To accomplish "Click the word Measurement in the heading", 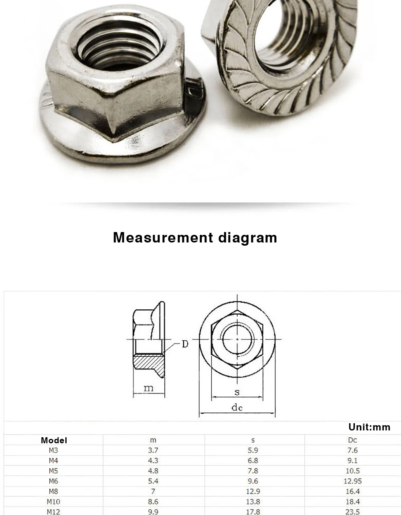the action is pos(163,238).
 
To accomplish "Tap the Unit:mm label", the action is pos(369,427).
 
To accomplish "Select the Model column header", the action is pos(54,440).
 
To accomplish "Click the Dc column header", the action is pos(352,440).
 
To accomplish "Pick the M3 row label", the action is pos(53,450).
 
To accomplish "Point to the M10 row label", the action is pos(53,502).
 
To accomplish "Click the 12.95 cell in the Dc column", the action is pos(352,481).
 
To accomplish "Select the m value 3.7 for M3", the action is pos(153,450).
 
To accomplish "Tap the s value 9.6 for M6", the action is pos(253,481).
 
